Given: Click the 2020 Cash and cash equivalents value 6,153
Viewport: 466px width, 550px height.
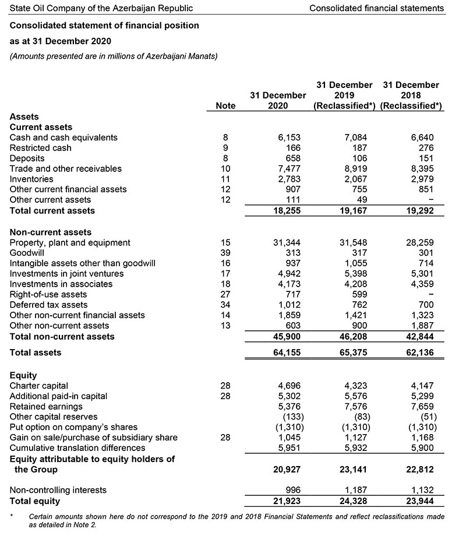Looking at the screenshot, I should [x=287, y=137].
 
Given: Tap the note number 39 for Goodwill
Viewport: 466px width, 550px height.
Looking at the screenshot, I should [x=226, y=253].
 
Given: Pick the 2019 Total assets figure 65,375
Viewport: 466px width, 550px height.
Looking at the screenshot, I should [x=351, y=352].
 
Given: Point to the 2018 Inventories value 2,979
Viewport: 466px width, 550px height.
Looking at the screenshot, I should [x=422, y=179].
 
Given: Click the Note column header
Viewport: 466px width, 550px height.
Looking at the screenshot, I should [x=225, y=105].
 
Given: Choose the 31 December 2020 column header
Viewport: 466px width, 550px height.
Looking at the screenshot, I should [x=278, y=100].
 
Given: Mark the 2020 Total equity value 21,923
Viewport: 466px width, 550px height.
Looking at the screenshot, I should [x=287, y=501].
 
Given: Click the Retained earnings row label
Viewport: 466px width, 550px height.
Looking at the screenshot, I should [x=46, y=406].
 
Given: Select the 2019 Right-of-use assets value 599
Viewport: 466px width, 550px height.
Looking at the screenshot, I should [x=357, y=294].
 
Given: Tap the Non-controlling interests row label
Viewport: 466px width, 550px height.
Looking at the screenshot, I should [x=58, y=491].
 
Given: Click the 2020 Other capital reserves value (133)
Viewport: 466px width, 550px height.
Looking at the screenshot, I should [x=290, y=417].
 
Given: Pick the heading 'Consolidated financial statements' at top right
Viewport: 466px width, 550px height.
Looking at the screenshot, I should [x=376, y=8].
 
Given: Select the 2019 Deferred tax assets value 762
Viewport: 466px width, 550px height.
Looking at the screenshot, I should [x=357, y=305].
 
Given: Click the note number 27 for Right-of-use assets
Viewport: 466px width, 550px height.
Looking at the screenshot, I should [x=226, y=294].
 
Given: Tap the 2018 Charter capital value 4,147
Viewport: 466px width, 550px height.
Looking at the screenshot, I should [x=422, y=386].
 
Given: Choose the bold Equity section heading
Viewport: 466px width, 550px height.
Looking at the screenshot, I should [x=23, y=375].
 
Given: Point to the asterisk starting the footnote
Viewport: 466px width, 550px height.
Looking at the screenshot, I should [x=12, y=516].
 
